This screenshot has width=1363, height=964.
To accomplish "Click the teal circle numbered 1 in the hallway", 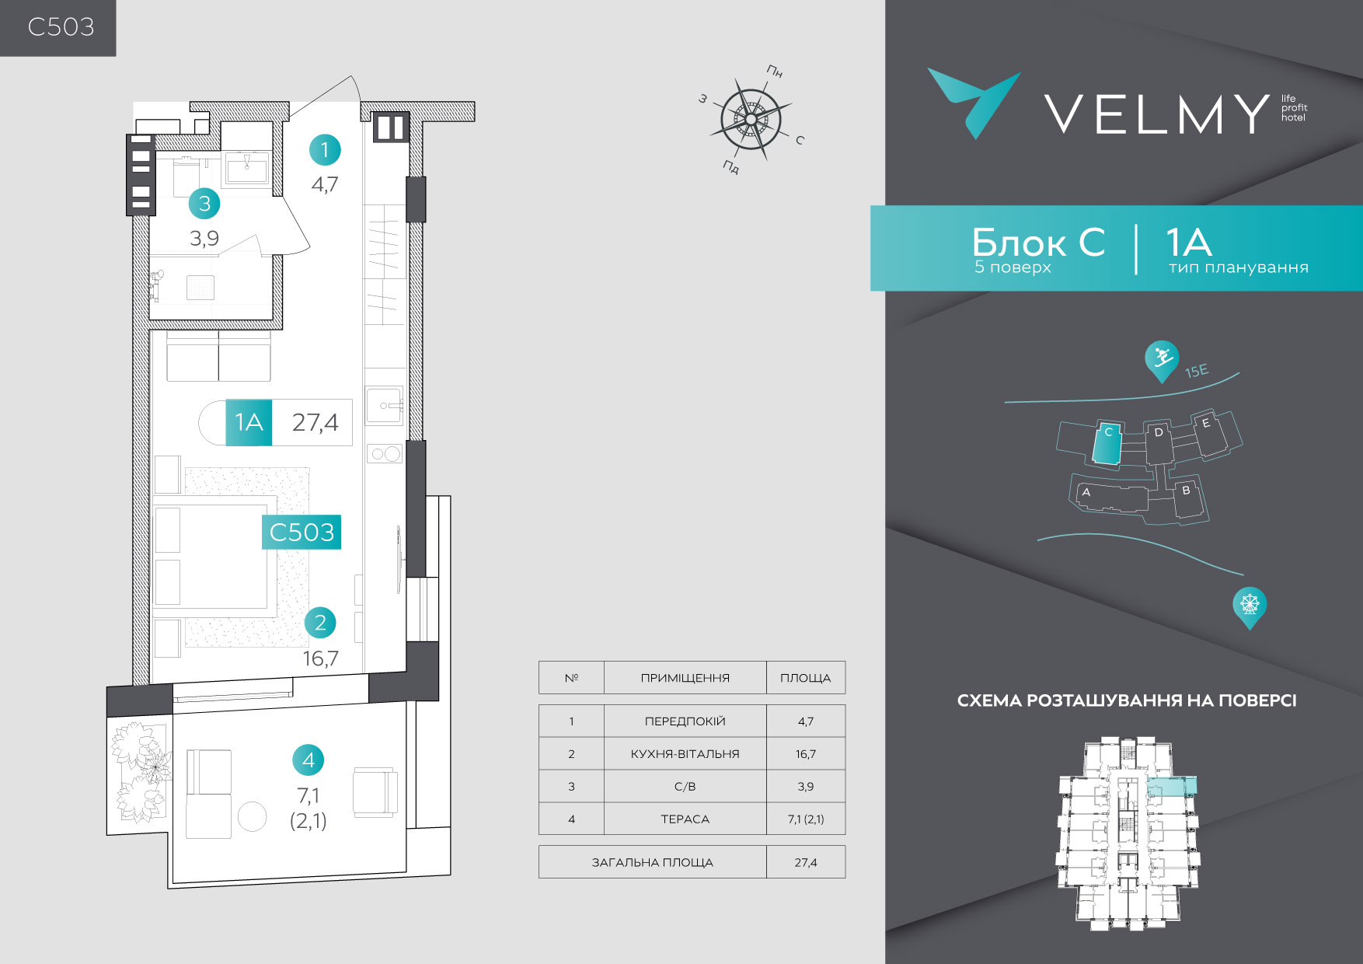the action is click(325, 149).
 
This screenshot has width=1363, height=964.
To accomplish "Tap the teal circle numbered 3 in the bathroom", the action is click(204, 204).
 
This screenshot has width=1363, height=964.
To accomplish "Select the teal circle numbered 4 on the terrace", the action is click(308, 760).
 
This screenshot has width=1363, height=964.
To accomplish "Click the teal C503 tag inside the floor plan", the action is click(302, 533).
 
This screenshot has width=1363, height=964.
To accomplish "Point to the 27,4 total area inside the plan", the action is click(315, 422).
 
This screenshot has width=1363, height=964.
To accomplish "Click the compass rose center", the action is click(751, 119).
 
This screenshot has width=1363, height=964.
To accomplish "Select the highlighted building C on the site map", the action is click(1107, 442).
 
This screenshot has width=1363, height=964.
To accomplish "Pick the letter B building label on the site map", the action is click(1186, 491).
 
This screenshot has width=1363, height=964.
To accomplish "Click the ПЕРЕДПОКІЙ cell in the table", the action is click(685, 721).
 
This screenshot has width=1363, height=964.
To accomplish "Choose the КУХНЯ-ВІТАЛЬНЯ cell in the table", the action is click(685, 754).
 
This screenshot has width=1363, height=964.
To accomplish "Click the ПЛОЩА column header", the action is click(805, 678).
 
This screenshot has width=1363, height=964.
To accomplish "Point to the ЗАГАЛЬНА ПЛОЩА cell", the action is click(652, 862).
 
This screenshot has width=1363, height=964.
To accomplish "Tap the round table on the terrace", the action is click(252, 816).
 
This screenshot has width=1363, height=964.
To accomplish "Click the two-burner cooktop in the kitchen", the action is click(385, 453).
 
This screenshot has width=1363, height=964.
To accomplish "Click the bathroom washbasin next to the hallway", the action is click(246, 167).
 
